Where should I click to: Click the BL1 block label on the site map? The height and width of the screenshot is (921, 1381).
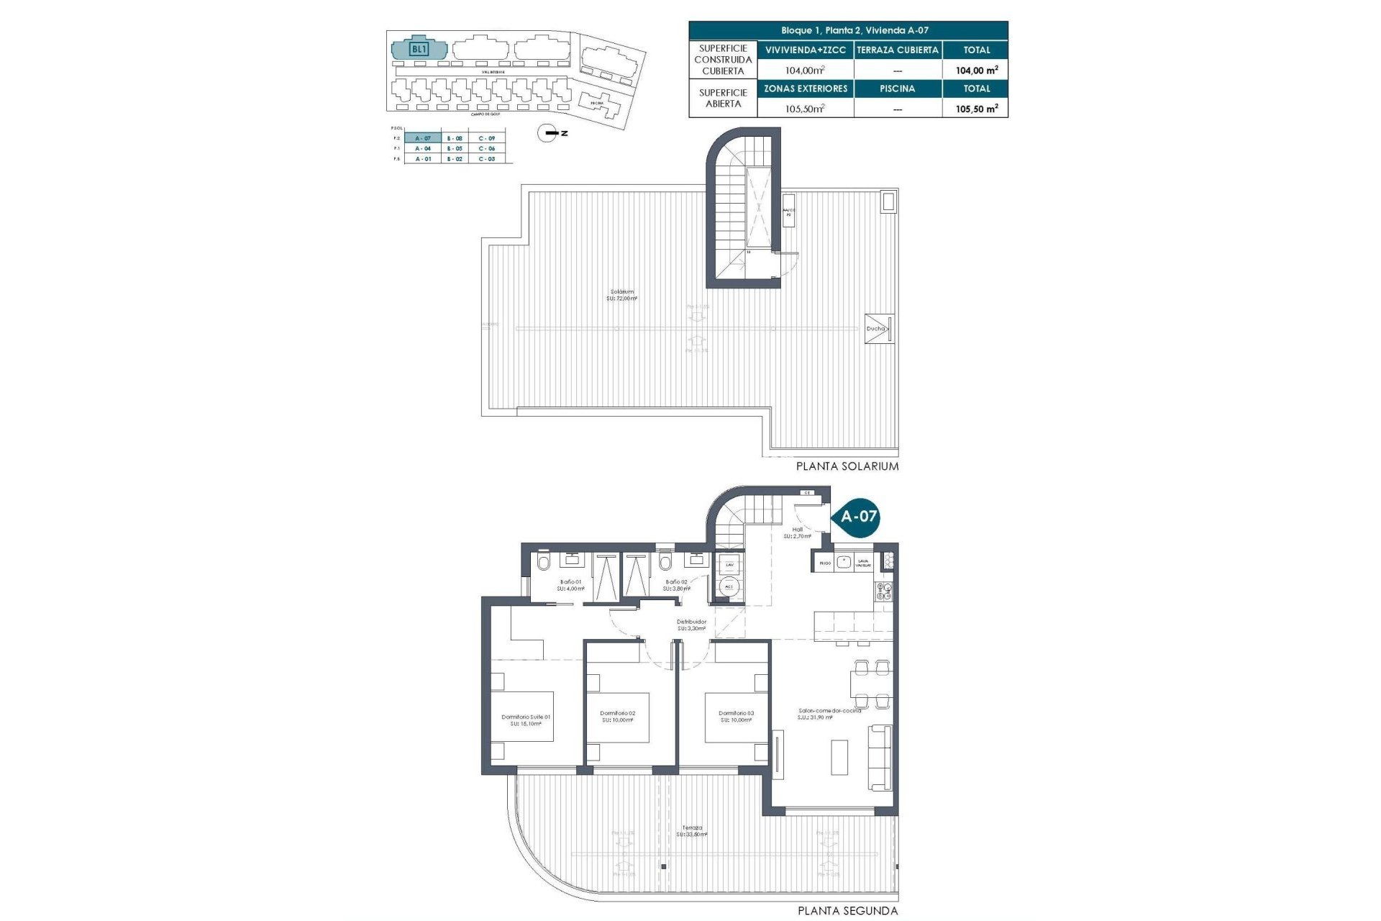[x=419, y=50]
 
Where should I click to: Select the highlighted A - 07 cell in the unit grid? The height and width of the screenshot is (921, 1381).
[x=423, y=138]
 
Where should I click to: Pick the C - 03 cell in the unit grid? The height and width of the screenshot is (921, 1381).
[x=487, y=159]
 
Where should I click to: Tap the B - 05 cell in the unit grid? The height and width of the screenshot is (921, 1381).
[x=454, y=148]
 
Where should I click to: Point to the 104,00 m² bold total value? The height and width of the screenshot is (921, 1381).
[x=976, y=70]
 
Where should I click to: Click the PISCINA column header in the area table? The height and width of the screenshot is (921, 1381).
[x=897, y=89]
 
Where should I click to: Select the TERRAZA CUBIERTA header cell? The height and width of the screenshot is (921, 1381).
[x=897, y=50]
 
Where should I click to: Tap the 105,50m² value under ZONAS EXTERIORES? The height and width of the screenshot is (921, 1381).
[x=805, y=109]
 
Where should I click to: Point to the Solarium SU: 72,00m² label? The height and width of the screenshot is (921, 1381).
[x=622, y=295]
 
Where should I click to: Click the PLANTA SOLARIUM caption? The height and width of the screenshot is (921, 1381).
[x=847, y=466]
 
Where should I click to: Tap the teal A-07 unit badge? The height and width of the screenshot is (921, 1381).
[x=858, y=516]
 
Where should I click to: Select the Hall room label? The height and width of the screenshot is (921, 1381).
[x=797, y=532]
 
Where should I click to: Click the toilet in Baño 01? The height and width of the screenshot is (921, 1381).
[x=543, y=563]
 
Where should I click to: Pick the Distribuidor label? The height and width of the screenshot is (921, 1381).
[x=691, y=625]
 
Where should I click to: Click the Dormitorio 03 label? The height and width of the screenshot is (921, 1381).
[x=736, y=717]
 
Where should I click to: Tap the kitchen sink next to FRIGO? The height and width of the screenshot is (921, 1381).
[x=843, y=562]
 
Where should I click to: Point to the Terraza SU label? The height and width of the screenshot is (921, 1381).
[x=693, y=831]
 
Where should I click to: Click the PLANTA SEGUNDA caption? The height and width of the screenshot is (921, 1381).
[x=847, y=911]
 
